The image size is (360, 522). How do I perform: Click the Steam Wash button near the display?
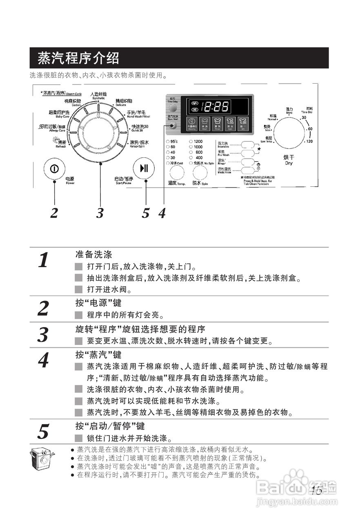click(x=174, y=126)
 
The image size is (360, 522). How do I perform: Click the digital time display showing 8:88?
click(x=216, y=107)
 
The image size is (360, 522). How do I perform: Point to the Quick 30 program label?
click(x=139, y=128)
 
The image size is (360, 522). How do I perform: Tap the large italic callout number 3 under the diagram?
click(x=100, y=213)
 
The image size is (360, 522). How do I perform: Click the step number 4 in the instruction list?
click(x=43, y=360)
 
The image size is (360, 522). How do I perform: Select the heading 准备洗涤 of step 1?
click(x=93, y=255)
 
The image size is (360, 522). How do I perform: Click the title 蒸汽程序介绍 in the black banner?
click(x=78, y=58)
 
